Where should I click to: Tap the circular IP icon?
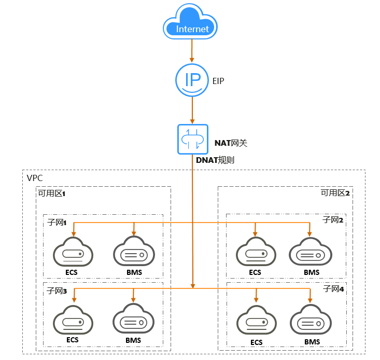click(192, 80)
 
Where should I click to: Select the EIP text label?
click(218, 81)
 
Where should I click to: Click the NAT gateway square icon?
click(192, 139)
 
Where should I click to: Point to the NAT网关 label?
click(232, 142)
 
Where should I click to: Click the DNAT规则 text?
click(215, 160)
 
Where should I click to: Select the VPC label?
click(35, 178)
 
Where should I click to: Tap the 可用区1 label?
click(51, 193)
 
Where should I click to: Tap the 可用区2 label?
click(335, 193)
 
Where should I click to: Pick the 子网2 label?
click(333, 220)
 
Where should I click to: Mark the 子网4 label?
click(333, 288)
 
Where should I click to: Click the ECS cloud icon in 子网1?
click(73, 253)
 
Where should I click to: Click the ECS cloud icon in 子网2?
click(255, 253)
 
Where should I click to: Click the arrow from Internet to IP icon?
click(192, 50)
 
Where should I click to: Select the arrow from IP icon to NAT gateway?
click(192, 110)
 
